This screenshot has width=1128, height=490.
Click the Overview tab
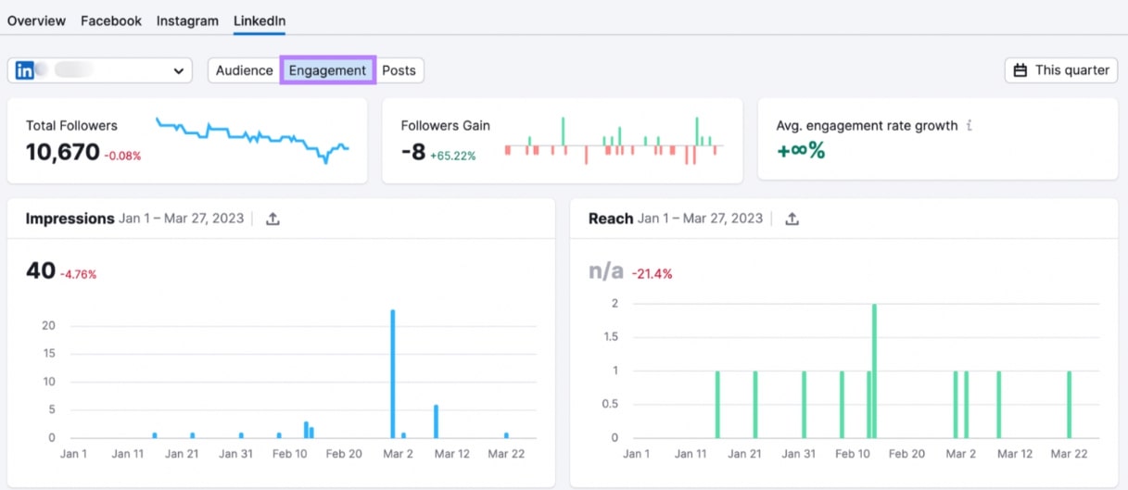pos(36,20)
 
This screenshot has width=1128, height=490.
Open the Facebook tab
pos(111,20)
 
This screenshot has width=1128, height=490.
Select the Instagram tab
pos(187,20)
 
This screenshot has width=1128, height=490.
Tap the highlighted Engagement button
pos(327,70)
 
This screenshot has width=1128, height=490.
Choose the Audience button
pos(245,70)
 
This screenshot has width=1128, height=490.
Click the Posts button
pos(399,70)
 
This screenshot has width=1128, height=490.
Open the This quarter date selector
pos(1061,70)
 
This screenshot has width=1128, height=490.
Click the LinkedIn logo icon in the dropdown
pos(25,70)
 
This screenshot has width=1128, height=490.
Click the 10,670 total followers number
pos(62,153)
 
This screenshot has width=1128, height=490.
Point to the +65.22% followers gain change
pos(452,156)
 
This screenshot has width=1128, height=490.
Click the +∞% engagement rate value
pos(800,150)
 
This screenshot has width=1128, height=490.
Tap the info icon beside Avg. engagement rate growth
pos(970,125)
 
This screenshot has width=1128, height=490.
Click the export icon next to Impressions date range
pos(272,220)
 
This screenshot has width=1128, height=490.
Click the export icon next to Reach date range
pos(792,220)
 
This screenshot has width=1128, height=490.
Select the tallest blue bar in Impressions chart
pos(393,373)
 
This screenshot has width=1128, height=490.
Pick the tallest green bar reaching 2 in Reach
pos(874,371)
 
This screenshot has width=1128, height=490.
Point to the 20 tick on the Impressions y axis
pos(48,325)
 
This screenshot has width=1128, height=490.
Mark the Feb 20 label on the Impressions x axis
pos(344,454)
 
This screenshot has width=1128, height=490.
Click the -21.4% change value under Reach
pos(652,274)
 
